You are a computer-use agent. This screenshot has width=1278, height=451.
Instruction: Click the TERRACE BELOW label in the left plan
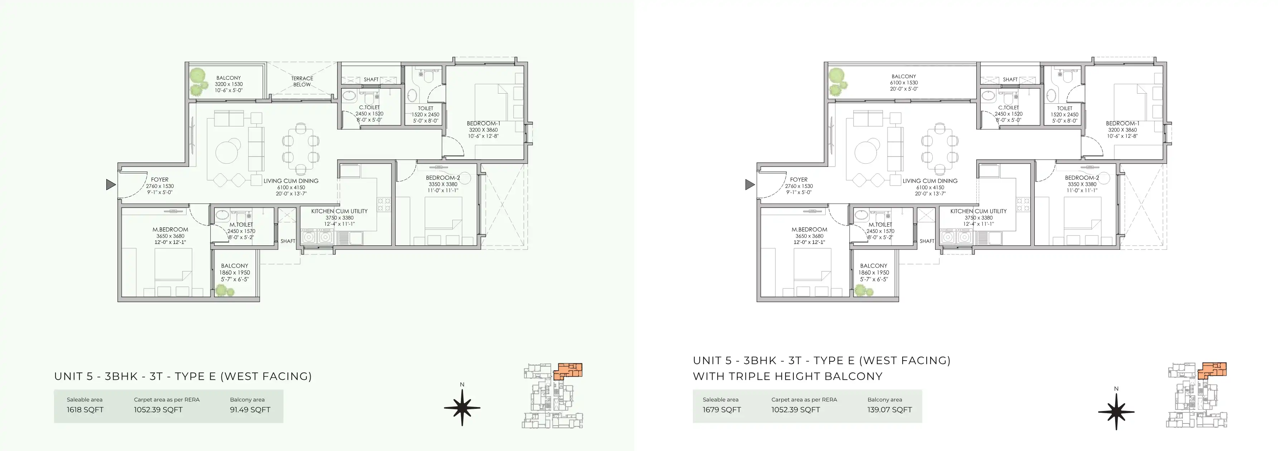tap(302, 81)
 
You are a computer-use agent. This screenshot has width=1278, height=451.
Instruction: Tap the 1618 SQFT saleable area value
tap(85, 410)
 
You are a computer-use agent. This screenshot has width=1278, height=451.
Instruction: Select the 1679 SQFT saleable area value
tap(722, 410)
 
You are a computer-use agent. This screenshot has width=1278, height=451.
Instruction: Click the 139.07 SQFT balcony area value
tap(890, 410)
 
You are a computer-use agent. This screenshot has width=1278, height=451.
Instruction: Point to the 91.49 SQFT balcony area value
tap(250, 410)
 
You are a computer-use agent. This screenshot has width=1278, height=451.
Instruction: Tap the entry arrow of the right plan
tap(750, 185)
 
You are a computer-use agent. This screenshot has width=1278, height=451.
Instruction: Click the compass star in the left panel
tap(462, 408)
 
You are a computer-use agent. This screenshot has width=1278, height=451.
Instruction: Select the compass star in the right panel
tap(1116, 411)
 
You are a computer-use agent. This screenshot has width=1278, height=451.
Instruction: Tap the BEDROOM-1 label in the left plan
tap(483, 123)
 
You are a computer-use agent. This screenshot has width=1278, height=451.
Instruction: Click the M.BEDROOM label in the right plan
tap(809, 229)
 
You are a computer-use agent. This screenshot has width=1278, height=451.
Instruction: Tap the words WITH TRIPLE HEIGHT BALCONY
tap(788, 376)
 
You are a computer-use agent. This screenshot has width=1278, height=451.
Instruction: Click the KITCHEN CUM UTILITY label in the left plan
tap(339, 211)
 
